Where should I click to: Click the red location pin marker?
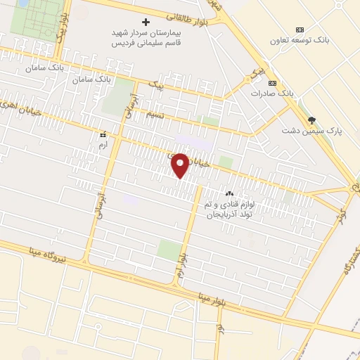click(x=181, y=165)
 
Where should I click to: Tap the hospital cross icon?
click(x=146, y=22)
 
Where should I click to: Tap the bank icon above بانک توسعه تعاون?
click(x=300, y=30)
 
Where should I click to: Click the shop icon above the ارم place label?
click(x=103, y=133)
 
